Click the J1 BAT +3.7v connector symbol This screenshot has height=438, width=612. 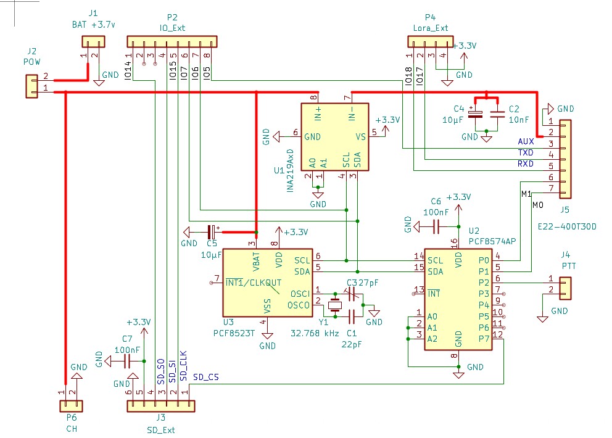(x=93, y=41)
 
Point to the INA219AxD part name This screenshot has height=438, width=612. (x=290, y=170)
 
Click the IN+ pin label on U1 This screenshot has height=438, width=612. (x=318, y=115)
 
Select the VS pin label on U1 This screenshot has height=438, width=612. (x=361, y=137)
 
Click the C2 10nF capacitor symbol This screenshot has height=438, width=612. (x=497, y=114)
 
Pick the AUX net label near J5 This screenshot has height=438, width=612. (x=526, y=142)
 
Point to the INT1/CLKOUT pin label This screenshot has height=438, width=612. (x=254, y=283)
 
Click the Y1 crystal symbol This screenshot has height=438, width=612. (x=335, y=305)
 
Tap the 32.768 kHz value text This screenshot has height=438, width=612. (x=315, y=333)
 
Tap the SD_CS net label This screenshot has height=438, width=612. (x=205, y=376)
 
